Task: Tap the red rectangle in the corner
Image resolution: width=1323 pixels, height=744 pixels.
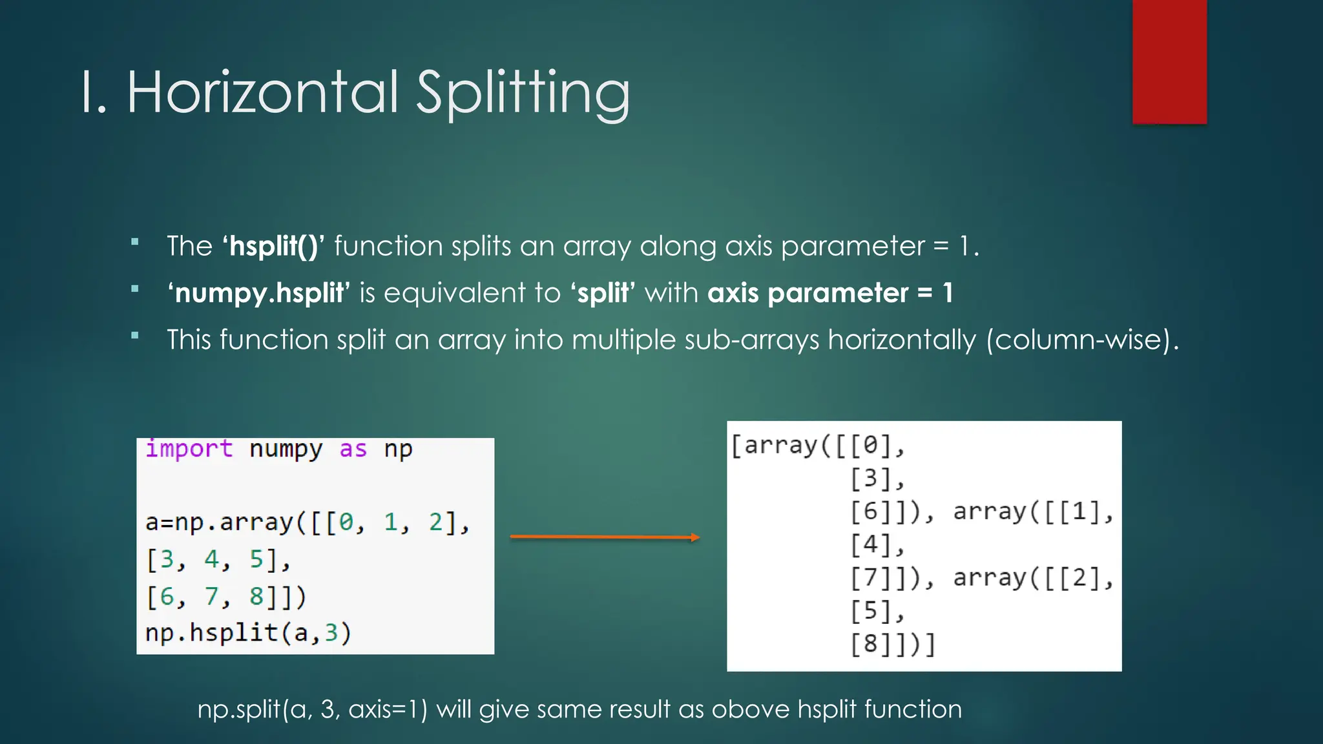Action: [1169, 61]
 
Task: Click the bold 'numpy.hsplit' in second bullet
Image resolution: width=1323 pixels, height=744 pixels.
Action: [259, 293]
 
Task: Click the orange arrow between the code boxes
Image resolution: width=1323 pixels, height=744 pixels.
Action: [605, 537]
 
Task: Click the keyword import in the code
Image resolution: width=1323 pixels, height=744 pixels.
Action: [189, 448]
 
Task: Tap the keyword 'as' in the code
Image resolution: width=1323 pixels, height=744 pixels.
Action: [353, 448]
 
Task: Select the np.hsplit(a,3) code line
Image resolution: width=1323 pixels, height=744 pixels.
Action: [248, 633]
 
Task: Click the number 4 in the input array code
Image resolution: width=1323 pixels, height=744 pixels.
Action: [211, 559]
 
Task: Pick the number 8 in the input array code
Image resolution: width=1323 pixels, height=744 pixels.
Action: [256, 596]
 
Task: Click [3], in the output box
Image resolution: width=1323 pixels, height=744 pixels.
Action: [877, 479]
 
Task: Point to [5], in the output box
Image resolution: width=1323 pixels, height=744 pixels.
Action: [877, 610]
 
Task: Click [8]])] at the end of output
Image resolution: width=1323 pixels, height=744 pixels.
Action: [893, 644]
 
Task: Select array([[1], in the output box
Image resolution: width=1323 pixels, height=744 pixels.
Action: [1033, 512]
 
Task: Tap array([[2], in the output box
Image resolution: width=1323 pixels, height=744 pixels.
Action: [1033, 577]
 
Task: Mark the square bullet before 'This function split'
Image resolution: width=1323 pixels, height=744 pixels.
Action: [135, 335]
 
